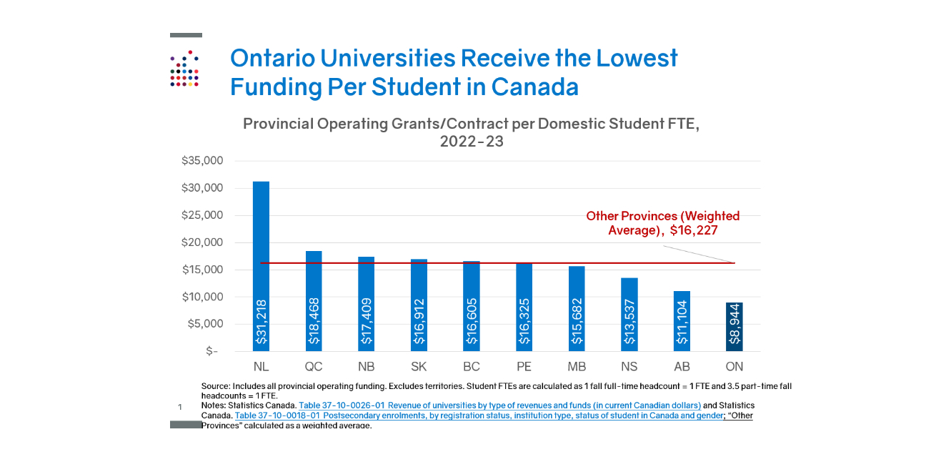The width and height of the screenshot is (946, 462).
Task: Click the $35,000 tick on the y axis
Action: coord(203,161)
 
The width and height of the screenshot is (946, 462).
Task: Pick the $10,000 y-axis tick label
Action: coord(203,297)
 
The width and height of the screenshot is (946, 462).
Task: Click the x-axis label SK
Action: coord(419,367)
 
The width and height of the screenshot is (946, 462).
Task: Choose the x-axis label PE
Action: coord(524,367)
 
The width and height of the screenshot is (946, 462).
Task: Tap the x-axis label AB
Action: coord(682,367)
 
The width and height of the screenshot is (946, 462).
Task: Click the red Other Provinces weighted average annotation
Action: coord(663,223)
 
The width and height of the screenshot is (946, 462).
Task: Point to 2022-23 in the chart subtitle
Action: coord(472,142)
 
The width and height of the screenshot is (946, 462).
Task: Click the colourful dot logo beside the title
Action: coord(184,69)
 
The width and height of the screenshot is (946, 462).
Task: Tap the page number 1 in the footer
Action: coord(180,407)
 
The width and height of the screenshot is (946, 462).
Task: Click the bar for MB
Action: coord(577,308)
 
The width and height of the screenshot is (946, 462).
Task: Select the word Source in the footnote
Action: coord(216,386)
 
